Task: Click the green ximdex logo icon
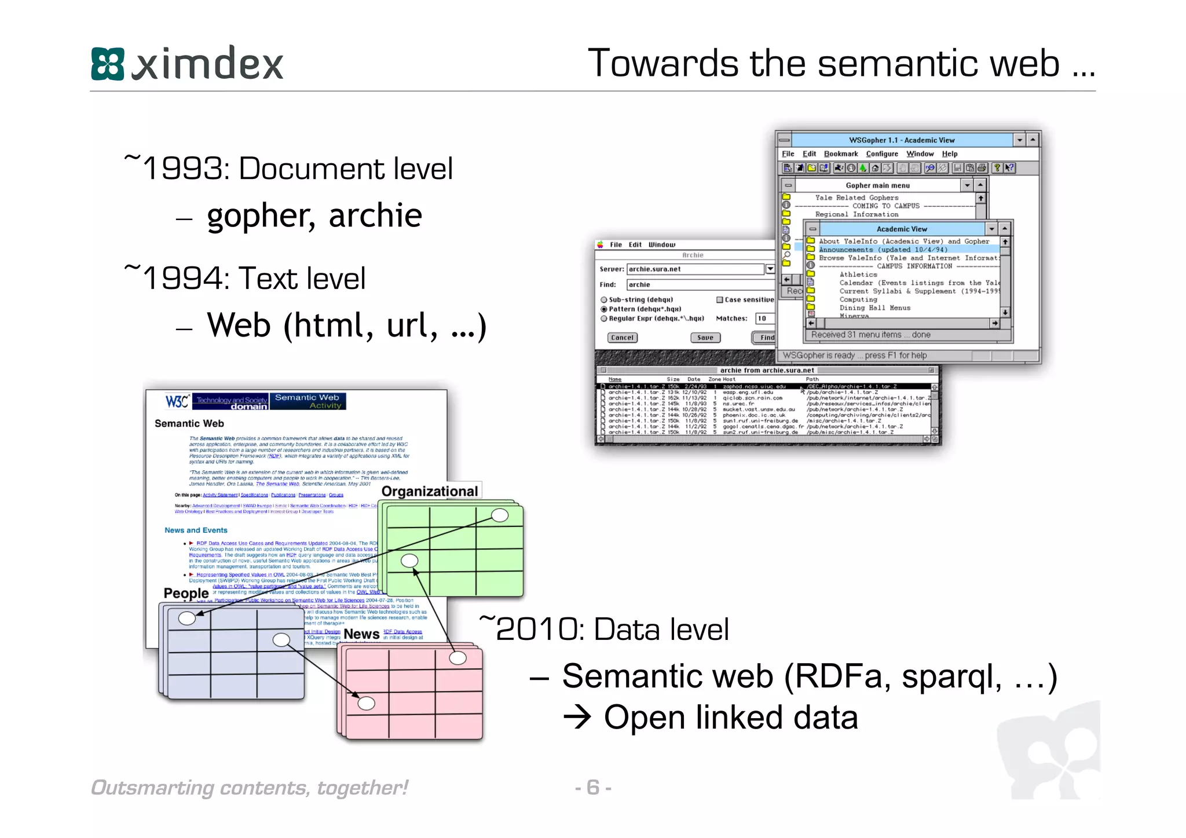point(108,64)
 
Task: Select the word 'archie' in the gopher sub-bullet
point(375,215)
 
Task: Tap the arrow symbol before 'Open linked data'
point(577,718)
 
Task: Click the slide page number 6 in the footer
point(592,787)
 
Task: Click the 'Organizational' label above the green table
point(429,491)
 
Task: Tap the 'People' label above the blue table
point(186,593)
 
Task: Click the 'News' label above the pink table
point(361,634)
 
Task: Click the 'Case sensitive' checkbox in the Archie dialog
point(720,300)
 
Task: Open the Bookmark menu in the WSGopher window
point(840,154)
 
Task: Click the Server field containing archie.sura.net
point(695,269)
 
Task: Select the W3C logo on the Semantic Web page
point(177,401)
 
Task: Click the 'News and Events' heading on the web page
point(196,530)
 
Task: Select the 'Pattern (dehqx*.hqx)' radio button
point(604,309)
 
